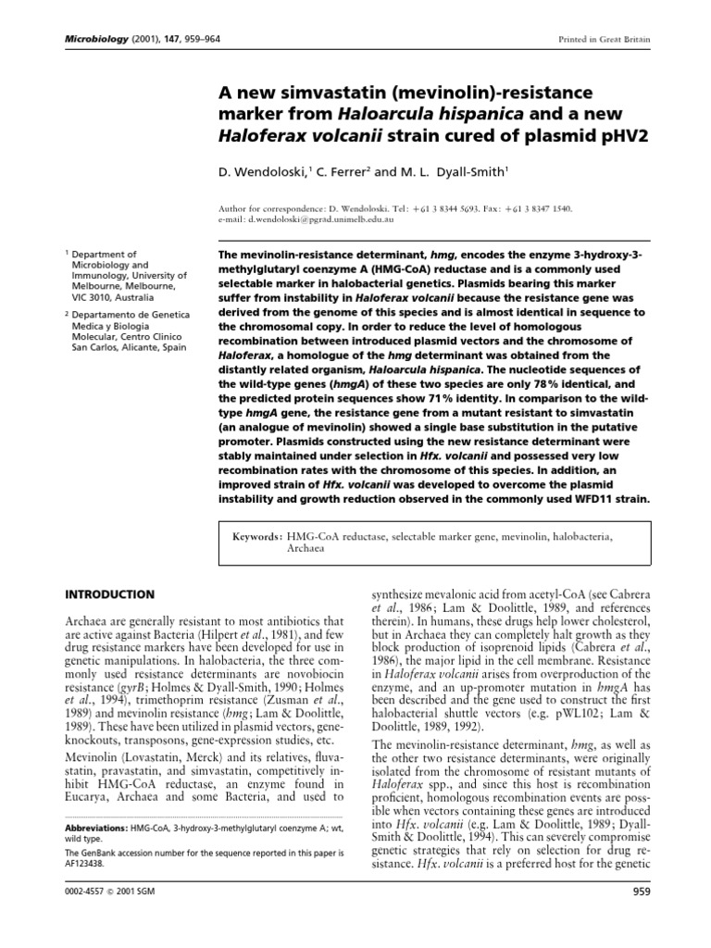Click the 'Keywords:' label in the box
pos(260,536)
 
